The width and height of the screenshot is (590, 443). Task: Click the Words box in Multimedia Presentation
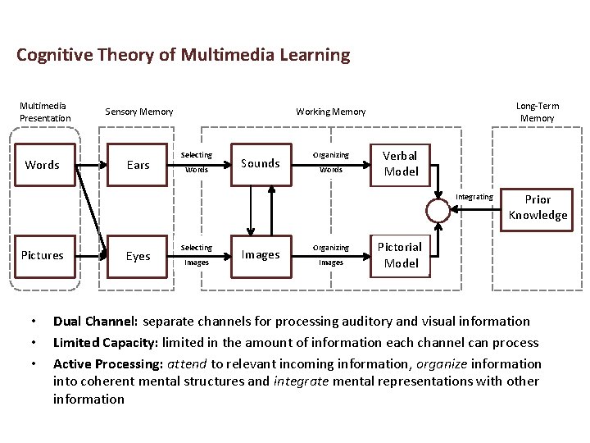(42, 165)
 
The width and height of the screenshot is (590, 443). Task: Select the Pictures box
(42, 255)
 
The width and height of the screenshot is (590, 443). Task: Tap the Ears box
(138, 165)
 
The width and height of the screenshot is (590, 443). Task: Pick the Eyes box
(138, 256)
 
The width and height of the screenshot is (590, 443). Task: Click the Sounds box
(261, 163)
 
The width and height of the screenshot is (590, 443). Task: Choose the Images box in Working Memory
(261, 254)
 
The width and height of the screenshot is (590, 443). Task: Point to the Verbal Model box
(401, 163)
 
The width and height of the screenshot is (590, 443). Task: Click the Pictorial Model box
(401, 254)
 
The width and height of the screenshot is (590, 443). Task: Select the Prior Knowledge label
(538, 208)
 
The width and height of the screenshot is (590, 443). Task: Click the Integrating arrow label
(474, 197)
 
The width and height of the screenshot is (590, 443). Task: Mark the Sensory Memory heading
(139, 112)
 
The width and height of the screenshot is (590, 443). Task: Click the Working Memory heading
(331, 112)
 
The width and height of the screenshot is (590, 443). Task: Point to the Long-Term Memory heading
(538, 112)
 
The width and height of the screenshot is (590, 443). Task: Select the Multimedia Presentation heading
(46, 112)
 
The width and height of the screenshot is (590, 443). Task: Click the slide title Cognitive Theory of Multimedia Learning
(183, 56)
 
